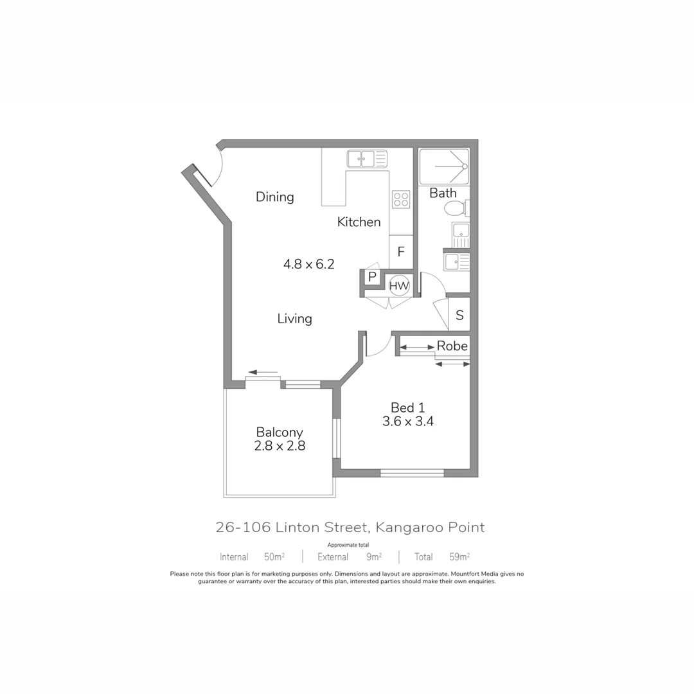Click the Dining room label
(274, 197)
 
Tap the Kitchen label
(359, 222)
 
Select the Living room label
(295, 319)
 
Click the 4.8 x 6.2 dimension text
(309, 264)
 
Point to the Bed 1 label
(408, 407)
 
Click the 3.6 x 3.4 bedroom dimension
(408, 422)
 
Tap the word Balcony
(279, 432)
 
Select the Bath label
(443, 193)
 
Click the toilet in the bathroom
(456, 208)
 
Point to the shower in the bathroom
(444, 166)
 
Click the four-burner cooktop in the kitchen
(401, 200)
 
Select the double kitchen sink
(367, 159)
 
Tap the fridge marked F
(400, 252)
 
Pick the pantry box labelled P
(372, 278)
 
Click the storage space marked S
(459, 316)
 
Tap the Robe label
(452, 346)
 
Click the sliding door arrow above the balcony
(263, 372)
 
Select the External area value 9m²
(373, 557)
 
